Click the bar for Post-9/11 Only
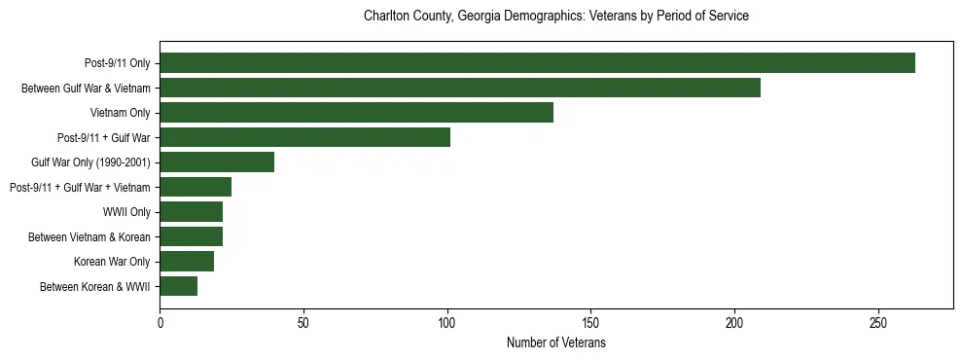coord(537,63)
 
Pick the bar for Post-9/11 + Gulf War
coord(304,137)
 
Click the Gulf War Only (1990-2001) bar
coord(217,162)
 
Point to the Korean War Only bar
coord(187,261)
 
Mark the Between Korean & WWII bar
coord(178,286)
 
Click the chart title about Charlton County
coord(555,17)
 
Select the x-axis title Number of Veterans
coord(555,343)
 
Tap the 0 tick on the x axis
coord(160,322)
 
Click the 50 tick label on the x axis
coord(303,322)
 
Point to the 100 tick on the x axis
coord(447,322)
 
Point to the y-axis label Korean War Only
coord(112,262)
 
